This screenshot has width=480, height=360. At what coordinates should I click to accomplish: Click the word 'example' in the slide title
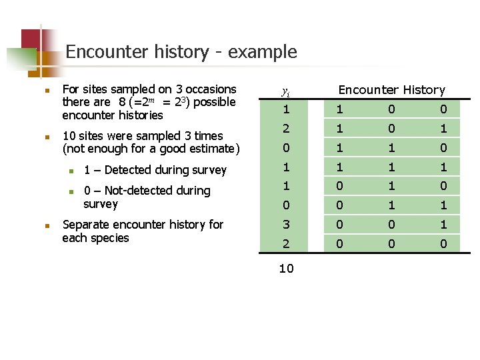(x=263, y=52)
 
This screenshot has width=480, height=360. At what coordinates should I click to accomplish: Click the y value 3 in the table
(x=286, y=225)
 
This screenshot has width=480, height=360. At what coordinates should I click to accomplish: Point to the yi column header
(x=285, y=91)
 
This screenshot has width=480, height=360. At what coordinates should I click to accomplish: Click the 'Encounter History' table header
(x=391, y=89)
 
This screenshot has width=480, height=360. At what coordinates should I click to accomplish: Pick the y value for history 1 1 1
(x=286, y=167)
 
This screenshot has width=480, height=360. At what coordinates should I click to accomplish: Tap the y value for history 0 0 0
(x=286, y=244)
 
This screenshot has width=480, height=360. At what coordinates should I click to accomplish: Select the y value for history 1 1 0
(x=286, y=147)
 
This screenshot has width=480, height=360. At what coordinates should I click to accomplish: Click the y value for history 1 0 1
(x=286, y=128)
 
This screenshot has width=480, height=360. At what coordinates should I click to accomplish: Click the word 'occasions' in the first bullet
(x=210, y=89)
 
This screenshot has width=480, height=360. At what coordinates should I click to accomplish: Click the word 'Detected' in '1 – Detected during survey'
(x=129, y=170)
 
